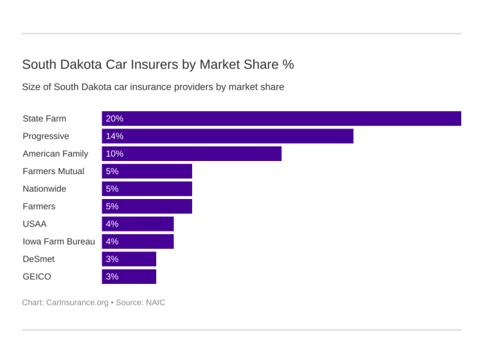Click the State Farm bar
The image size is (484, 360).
[281, 119]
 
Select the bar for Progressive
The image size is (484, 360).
[227, 136]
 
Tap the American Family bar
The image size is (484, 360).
[192, 153]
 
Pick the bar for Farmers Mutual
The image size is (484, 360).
[147, 171]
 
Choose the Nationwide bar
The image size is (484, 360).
[147, 189]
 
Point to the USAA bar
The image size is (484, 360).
[138, 224]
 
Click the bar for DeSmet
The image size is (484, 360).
[129, 259]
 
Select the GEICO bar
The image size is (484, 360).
[129, 276]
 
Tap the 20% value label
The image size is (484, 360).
[115, 119]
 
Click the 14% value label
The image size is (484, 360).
[115, 136]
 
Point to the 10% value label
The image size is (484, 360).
[115, 153]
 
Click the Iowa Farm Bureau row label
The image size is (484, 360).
[59, 241]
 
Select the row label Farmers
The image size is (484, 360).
[39, 206]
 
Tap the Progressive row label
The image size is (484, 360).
[46, 136]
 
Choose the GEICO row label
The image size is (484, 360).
[37, 276]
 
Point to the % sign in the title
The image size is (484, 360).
[288, 64]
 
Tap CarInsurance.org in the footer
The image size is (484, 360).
[77, 302]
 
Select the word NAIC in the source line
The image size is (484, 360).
[155, 302]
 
